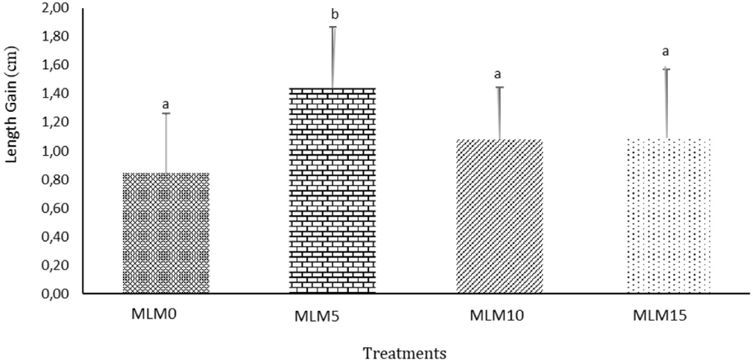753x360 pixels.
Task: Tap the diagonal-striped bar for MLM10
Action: tap(500, 216)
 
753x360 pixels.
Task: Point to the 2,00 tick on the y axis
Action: tap(57, 9)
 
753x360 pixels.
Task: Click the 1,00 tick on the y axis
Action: tap(57, 151)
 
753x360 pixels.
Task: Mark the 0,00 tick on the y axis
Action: tap(57, 294)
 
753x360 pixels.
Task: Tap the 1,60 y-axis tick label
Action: tap(57, 66)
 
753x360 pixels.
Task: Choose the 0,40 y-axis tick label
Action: tap(57, 237)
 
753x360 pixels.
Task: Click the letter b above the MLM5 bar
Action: tap(333, 14)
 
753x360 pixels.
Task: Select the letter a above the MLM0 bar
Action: tap(166, 104)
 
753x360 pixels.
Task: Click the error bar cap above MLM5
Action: tap(333, 27)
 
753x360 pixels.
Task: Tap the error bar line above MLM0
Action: tap(166, 142)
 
